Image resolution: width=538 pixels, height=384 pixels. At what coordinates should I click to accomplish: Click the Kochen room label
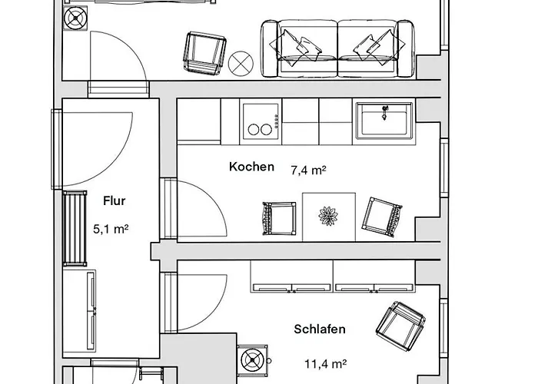251,167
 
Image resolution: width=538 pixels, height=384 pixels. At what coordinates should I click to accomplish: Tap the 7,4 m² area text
308,168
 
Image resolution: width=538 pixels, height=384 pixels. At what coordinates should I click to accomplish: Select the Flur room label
114,202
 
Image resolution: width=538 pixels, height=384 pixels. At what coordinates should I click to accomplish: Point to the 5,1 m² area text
111,228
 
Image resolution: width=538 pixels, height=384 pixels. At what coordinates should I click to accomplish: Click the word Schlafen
320,329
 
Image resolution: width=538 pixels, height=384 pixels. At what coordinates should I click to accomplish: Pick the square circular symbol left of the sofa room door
76,19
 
